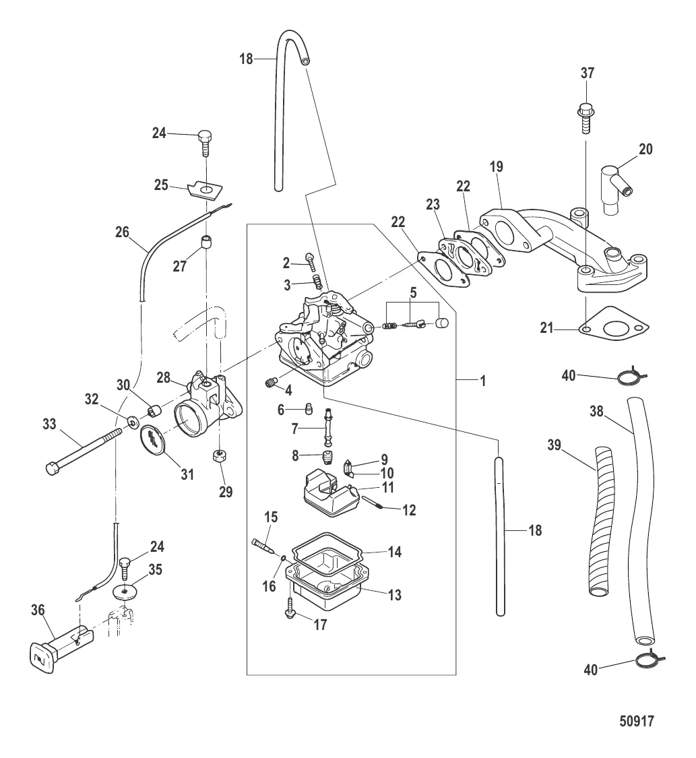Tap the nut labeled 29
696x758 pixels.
[218, 456]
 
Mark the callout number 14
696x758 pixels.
[395, 552]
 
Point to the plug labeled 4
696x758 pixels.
[270, 384]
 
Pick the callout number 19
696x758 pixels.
[497, 166]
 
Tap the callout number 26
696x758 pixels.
[122, 233]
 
